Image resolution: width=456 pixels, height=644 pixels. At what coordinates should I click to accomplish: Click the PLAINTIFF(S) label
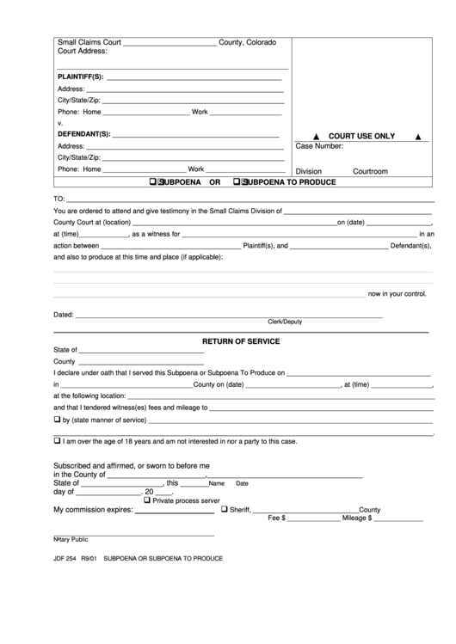pyautogui.click(x=80, y=77)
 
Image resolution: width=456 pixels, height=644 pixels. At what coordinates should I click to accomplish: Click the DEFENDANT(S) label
pyautogui.click(x=83, y=134)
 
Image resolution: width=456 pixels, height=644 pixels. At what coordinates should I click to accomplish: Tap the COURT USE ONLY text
pyautogui.click(x=361, y=136)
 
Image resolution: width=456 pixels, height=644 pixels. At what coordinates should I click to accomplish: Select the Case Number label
pyautogui.click(x=319, y=147)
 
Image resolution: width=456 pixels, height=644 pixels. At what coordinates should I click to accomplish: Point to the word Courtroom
pyautogui.click(x=370, y=171)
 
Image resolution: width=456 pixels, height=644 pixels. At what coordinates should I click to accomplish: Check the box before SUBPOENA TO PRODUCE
pyautogui.click(x=243, y=182)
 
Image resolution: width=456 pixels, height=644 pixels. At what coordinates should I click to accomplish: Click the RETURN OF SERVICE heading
pyautogui.click(x=241, y=340)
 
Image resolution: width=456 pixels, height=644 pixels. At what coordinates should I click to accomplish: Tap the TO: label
pyautogui.click(x=60, y=199)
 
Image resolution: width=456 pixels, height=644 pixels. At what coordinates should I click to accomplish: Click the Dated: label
pyautogui.click(x=64, y=316)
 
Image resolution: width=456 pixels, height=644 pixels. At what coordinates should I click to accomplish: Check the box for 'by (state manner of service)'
pyautogui.click(x=58, y=420)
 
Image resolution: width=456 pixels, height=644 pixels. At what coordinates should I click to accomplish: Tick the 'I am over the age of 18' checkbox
pyautogui.click(x=58, y=441)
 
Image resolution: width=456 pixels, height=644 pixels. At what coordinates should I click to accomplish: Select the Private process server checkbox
pyautogui.click(x=147, y=500)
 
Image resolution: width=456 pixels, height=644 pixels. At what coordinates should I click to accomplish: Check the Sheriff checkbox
pyautogui.click(x=225, y=509)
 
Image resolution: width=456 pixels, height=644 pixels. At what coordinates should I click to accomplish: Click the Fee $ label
pyautogui.click(x=277, y=518)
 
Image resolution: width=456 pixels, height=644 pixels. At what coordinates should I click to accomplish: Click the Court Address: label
pyautogui.click(x=82, y=52)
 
